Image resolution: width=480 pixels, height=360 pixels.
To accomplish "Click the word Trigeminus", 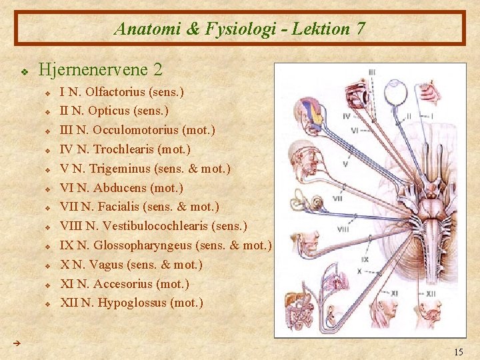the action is pyautogui.click(x=126, y=169).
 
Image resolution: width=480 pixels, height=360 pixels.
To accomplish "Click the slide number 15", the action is pyautogui.click(x=458, y=352).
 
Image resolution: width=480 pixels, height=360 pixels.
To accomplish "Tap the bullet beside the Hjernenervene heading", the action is pyautogui.click(x=24, y=70).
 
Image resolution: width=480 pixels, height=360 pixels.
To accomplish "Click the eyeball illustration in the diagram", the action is pyautogui.click(x=399, y=95).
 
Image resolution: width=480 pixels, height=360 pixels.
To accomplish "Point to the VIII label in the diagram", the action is pyautogui.click(x=343, y=229).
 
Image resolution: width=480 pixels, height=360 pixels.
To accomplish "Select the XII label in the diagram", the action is pyautogui.click(x=431, y=293).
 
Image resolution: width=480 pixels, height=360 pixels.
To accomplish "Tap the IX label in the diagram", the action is pyautogui.click(x=365, y=259).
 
